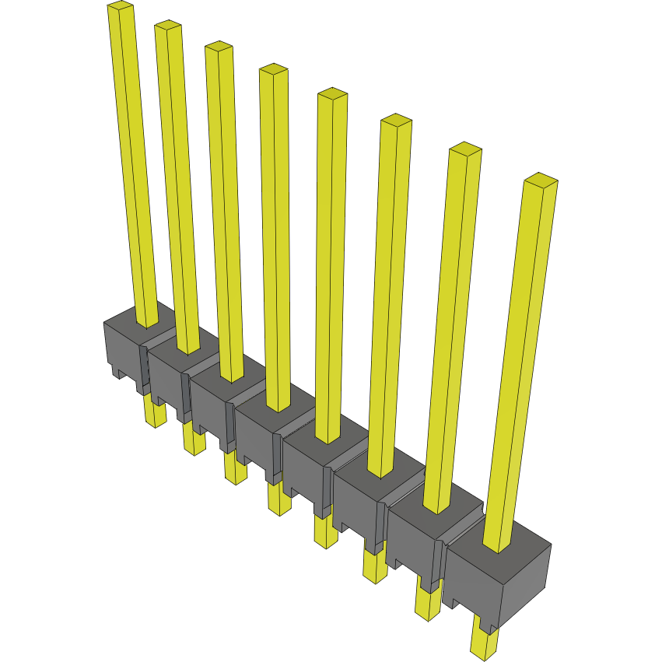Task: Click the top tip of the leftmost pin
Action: click(x=121, y=8)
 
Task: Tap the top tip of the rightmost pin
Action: click(x=541, y=180)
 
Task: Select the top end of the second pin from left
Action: click(x=168, y=26)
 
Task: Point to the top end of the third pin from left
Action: click(x=219, y=47)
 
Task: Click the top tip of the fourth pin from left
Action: click(x=274, y=70)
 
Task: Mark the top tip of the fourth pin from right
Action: click(x=332, y=94)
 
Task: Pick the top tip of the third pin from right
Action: click(x=395, y=121)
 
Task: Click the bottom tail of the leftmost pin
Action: click(x=156, y=414)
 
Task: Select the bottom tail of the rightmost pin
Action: click(x=484, y=642)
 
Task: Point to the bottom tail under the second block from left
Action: click(x=194, y=442)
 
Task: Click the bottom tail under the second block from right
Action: click(x=427, y=603)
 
